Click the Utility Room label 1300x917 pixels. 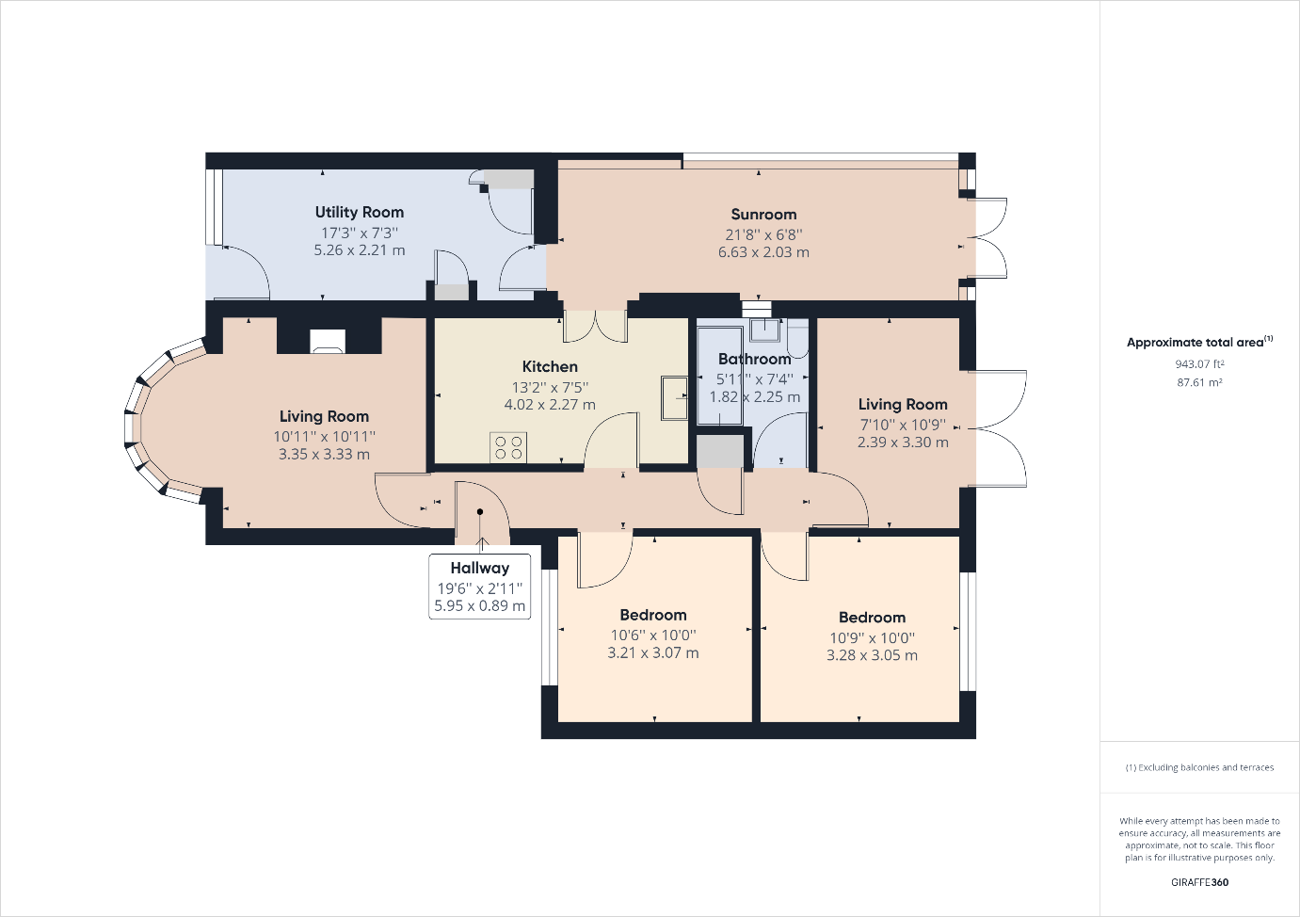point(360,213)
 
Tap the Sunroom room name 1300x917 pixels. point(763,214)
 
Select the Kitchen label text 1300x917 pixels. point(550,367)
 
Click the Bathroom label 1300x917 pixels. point(754,359)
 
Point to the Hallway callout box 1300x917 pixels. point(479,587)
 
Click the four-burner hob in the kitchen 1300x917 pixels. point(507,447)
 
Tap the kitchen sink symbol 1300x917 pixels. point(674,397)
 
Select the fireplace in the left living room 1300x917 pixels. point(328,341)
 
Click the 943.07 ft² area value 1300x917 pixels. point(1199,364)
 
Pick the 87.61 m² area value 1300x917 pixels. point(1199,382)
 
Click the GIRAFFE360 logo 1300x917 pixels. point(1199,882)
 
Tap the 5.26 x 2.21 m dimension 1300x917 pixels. point(360,250)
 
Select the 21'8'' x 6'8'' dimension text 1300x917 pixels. point(763,234)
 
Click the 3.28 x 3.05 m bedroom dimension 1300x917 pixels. point(872,655)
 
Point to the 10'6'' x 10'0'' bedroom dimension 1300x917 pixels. point(653,635)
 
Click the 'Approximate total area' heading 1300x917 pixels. point(1199,342)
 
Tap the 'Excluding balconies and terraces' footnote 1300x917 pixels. point(1199,767)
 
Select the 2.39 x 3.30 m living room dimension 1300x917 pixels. point(903,442)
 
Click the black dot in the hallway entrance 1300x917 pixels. point(480,512)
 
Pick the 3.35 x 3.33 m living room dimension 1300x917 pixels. point(324,454)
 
